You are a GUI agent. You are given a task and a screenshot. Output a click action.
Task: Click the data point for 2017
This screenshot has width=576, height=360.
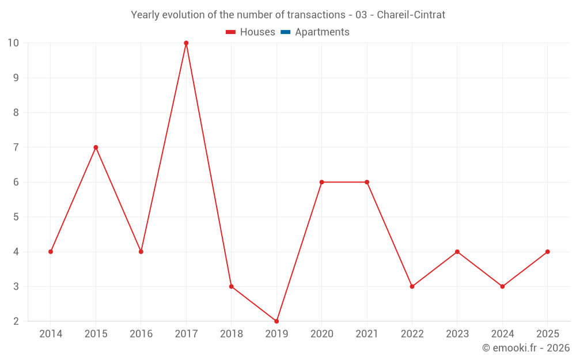coord(186,43)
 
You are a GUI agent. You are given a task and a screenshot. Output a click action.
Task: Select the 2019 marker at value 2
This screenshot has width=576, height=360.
coord(276,321)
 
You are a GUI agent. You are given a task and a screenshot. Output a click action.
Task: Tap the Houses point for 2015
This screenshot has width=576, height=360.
coord(96,147)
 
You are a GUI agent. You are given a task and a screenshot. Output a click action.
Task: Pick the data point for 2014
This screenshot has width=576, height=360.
coord(51,252)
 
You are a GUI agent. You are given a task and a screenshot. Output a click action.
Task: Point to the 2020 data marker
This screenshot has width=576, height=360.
coord(322,182)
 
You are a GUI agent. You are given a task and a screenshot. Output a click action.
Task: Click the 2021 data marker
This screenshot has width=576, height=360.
coord(367,182)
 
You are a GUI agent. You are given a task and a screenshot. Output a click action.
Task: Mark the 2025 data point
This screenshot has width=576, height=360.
coord(548,252)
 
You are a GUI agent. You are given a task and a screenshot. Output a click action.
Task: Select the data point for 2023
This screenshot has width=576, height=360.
coord(457,252)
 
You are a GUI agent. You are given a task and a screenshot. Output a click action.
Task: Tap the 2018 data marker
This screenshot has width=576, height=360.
coord(232,286)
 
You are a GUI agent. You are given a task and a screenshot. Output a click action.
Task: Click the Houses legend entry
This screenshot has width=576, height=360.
coord(251,32)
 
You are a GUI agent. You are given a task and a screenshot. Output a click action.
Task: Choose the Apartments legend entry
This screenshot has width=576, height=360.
coord(315,32)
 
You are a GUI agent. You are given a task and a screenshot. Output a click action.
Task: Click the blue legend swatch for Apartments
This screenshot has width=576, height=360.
coord(286,32)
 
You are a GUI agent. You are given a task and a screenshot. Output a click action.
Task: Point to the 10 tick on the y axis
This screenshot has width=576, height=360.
coord(13,43)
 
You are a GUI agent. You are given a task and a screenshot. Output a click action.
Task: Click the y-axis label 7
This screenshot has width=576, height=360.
coord(16,147)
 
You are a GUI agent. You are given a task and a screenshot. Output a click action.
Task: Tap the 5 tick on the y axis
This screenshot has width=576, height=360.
coord(16,217)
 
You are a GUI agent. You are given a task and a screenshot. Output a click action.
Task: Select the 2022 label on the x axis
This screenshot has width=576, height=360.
coord(412,334)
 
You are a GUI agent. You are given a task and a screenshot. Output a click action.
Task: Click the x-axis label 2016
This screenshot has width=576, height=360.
coord(141,334)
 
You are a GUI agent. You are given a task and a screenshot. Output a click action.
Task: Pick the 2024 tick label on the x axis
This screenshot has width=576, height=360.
coord(502,334)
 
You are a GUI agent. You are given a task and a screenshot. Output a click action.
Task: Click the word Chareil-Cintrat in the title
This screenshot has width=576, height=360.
coord(411,15)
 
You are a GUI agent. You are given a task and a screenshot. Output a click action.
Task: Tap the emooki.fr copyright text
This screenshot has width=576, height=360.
coord(526,347)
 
